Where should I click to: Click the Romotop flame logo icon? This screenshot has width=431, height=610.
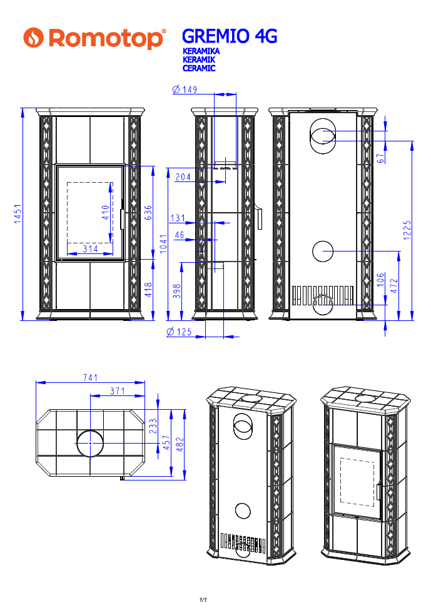click(x=33, y=38)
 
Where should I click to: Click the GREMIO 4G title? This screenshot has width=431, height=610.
click(x=230, y=36)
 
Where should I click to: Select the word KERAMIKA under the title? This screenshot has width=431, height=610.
click(x=201, y=51)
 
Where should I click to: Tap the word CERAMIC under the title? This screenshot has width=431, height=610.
click(x=199, y=68)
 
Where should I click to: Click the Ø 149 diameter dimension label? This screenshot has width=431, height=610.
click(x=185, y=89)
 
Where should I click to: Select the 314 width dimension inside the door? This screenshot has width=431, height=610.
click(x=90, y=248)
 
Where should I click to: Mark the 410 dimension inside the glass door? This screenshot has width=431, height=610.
click(x=106, y=213)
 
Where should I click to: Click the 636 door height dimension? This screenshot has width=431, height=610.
click(x=148, y=213)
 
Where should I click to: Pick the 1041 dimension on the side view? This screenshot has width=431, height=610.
click(x=163, y=243)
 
